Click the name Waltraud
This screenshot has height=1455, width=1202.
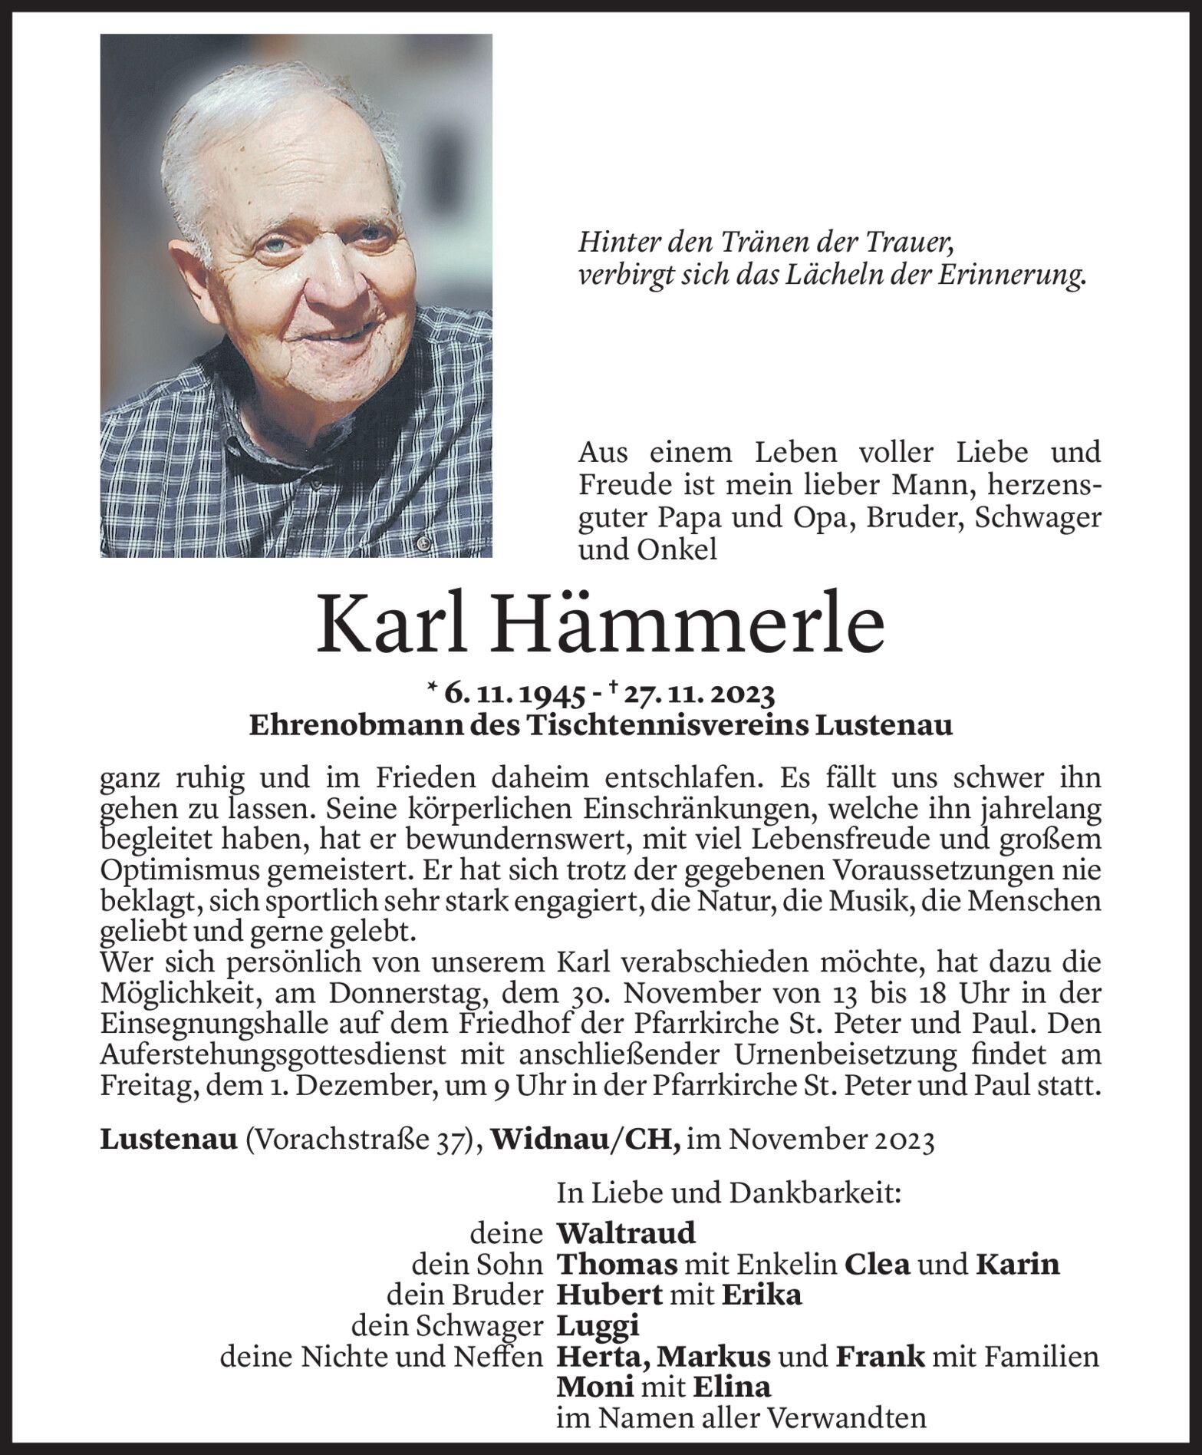point(626,1233)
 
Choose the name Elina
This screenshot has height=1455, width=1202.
point(731,1387)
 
